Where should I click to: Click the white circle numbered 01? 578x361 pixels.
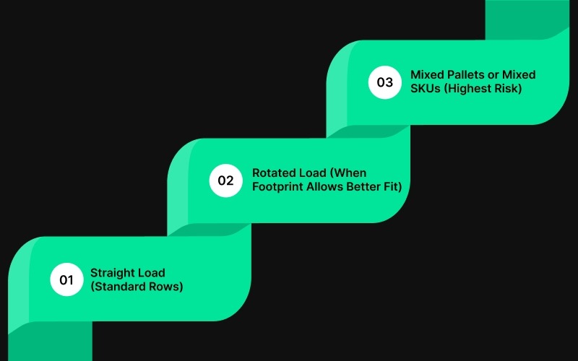tap(66, 279)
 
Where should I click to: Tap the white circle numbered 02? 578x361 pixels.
tap(225, 180)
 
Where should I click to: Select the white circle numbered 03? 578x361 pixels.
tap(384, 82)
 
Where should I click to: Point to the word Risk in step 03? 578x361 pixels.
tap(511, 89)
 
